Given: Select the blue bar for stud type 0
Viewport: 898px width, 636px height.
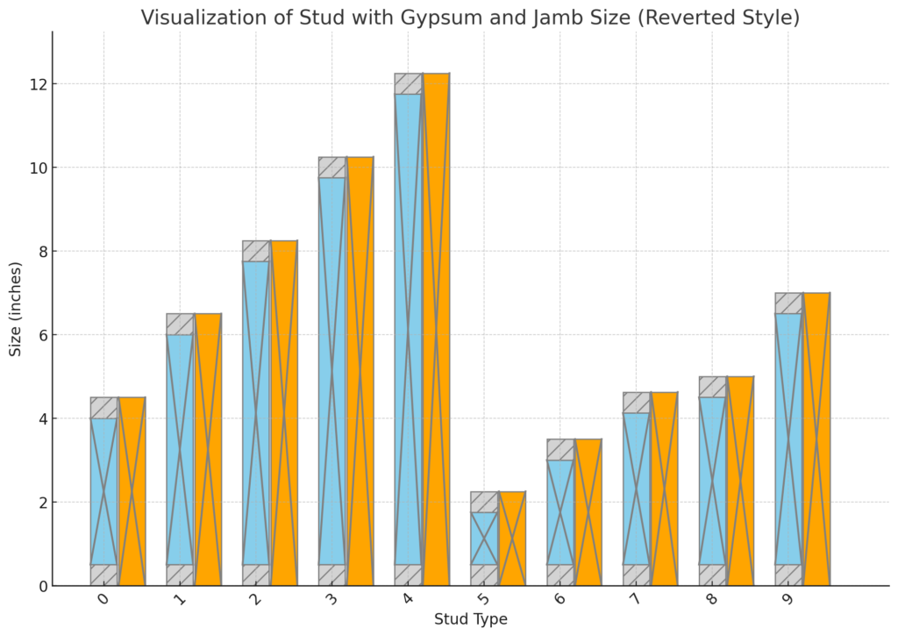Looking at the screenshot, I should tap(103, 491).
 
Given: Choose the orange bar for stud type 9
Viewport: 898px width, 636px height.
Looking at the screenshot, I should tap(816, 439).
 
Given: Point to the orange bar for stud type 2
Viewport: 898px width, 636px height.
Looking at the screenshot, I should tap(283, 412).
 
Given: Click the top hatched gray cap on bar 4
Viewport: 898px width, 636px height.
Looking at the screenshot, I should tap(409, 83).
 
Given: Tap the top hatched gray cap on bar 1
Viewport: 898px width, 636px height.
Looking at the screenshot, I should tap(180, 324).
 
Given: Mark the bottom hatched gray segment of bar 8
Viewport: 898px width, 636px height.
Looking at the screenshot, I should tap(713, 575).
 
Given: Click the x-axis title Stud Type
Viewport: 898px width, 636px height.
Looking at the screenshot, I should tap(470, 619).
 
